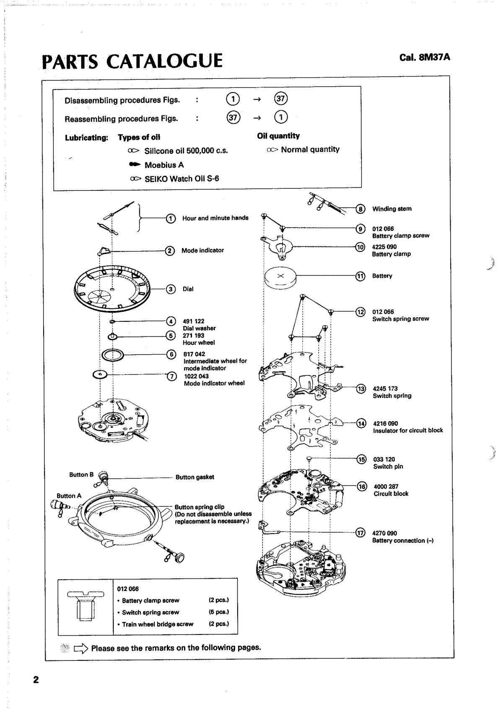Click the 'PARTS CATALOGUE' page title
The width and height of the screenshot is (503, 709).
(132, 60)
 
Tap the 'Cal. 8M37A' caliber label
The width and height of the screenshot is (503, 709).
(425, 57)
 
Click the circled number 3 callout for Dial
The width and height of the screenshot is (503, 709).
(171, 289)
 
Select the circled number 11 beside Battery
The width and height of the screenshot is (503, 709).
(360, 276)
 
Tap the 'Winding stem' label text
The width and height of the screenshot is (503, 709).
(392, 209)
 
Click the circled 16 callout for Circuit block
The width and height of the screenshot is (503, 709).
(361, 486)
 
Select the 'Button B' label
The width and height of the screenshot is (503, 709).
(81, 475)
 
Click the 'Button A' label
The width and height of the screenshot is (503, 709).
(69, 496)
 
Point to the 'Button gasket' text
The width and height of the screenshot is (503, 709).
(194, 477)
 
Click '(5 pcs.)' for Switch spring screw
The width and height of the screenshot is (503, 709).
(218, 612)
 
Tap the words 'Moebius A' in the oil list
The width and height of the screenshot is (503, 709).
(164, 165)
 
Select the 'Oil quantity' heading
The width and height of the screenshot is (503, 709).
(278, 136)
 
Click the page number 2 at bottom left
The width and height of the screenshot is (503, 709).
(36, 679)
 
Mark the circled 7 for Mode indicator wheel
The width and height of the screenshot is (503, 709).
(171, 376)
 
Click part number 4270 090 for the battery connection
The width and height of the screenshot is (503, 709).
(384, 533)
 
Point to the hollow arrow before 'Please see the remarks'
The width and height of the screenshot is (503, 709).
(81, 648)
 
